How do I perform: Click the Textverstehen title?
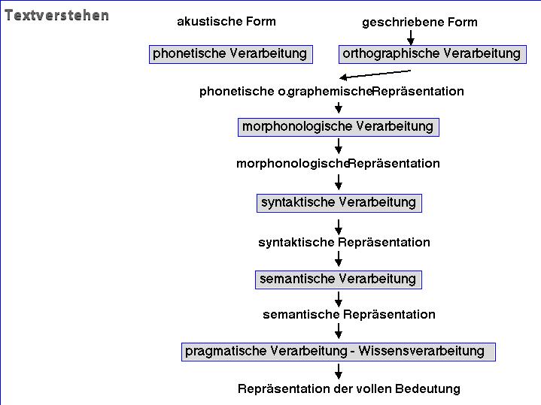(x=57, y=16)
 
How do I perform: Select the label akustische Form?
(x=226, y=21)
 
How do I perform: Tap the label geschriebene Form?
(x=420, y=23)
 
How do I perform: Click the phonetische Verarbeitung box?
(x=231, y=54)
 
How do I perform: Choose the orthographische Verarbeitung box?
(x=433, y=54)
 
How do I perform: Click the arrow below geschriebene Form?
(x=411, y=38)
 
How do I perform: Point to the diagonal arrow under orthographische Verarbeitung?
(x=375, y=74)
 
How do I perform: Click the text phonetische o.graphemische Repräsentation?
(x=332, y=92)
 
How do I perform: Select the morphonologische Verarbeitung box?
(x=339, y=127)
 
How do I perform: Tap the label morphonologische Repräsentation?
(x=338, y=163)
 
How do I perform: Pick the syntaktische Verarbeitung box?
(x=339, y=203)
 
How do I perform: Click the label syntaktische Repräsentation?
(x=344, y=242)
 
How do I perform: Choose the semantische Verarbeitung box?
(x=339, y=280)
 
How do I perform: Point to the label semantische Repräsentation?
(x=349, y=314)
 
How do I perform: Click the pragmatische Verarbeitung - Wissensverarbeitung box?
(x=339, y=352)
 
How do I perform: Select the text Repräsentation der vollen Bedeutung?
(x=349, y=388)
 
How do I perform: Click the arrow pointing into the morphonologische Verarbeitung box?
(x=339, y=107)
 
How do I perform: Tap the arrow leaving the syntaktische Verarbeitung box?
(x=339, y=227)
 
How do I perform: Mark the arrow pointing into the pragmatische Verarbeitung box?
(x=339, y=331)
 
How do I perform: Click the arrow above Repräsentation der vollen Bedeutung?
(x=339, y=371)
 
